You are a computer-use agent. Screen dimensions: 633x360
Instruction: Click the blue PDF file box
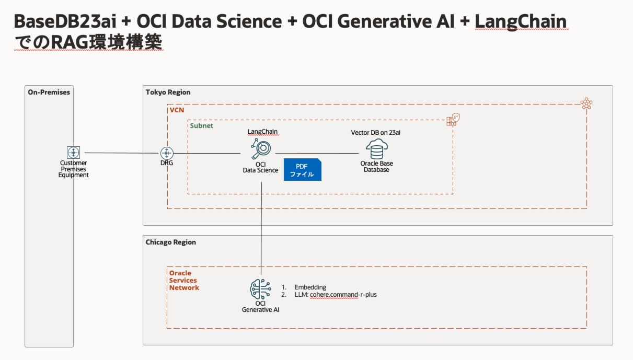(302, 169)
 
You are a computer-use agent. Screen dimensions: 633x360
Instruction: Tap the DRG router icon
(167, 153)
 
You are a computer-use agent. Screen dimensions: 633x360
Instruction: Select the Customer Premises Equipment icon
(74, 153)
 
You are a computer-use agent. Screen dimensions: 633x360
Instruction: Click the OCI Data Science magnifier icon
(260, 149)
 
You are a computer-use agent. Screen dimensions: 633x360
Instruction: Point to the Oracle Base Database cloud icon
(377, 149)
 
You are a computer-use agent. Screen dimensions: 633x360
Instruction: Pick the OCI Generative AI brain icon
(260, 289)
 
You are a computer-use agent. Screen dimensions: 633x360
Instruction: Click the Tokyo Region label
(168, 92)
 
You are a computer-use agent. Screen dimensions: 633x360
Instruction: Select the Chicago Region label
(171, 242)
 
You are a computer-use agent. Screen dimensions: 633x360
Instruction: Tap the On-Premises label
(49, 92)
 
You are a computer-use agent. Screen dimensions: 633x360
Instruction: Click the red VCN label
(177, 110)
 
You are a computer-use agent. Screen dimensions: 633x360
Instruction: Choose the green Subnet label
(201, 126)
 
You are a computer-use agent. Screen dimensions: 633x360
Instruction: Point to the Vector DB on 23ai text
(375, 133)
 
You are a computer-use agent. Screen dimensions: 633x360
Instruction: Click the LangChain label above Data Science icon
(262, 132)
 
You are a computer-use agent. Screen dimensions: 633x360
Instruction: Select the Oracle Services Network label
(184, 280)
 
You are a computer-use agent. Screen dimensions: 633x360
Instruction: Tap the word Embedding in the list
(310, 287)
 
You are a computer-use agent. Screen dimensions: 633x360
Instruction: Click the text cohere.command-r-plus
(343, 295)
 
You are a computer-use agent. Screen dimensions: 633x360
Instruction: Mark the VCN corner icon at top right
(586, 103)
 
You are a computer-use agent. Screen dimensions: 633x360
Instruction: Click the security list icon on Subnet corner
(453, 120)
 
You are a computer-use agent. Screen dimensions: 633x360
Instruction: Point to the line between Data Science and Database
(317, 154)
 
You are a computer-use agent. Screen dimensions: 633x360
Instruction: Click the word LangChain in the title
(521, 21)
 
